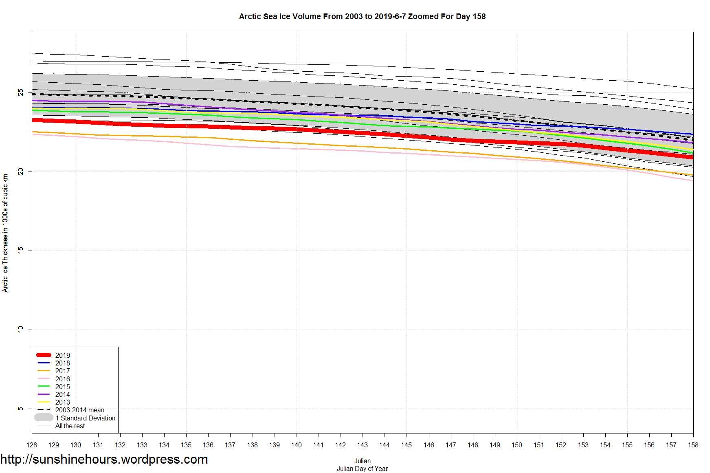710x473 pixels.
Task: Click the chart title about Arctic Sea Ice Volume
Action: coord(362,17)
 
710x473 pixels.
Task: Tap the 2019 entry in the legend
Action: coord(62,355)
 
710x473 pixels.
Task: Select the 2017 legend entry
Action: coord(62,371)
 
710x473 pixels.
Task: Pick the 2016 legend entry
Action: coord(62,379)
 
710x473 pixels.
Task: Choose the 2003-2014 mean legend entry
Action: coord(79,410)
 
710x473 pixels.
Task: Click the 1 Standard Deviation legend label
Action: coord(85,418)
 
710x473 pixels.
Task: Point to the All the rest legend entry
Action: coord(70,426)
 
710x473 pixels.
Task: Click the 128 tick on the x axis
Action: coord(32,445)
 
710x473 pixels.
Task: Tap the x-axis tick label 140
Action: coord(297,445)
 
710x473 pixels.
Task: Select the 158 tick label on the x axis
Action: coord(693,445)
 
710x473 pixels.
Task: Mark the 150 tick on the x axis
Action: coord(517,445)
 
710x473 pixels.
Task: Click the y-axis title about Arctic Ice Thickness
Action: coord(5,232)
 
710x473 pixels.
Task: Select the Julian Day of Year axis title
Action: coord(362,469)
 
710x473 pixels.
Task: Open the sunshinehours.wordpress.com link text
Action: coord(104,459)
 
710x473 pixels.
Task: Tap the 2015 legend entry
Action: coord(62,387)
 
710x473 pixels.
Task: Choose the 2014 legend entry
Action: coord(62,394)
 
